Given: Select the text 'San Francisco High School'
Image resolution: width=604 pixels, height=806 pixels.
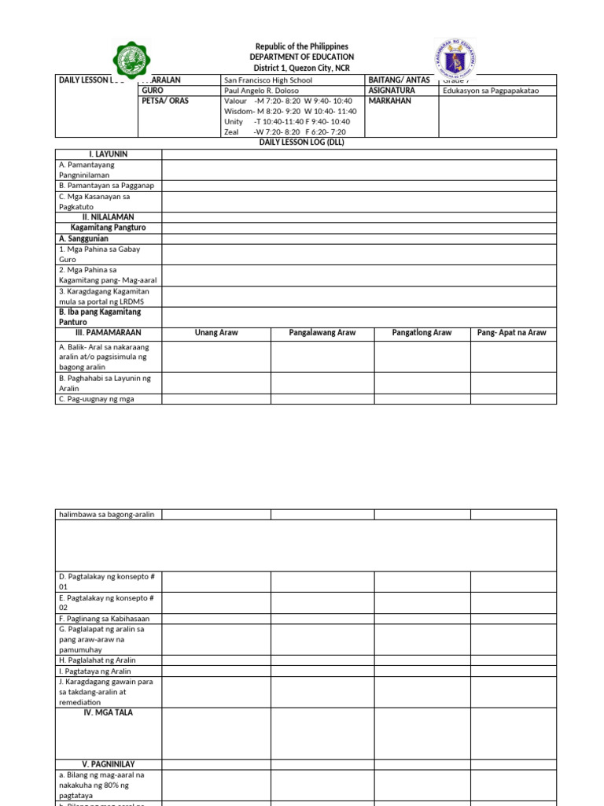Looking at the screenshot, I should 268,80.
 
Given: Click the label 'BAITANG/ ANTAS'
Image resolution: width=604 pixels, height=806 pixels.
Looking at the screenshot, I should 399,80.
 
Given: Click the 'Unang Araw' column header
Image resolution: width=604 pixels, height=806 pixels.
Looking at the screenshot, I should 216,333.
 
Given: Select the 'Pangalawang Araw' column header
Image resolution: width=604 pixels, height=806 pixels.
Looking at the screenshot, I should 322,333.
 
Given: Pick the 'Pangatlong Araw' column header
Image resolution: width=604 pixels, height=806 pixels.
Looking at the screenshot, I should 422,333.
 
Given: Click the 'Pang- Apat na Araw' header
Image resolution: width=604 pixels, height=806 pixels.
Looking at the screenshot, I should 513,333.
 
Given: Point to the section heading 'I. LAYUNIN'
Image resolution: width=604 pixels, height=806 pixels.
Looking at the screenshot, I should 109,154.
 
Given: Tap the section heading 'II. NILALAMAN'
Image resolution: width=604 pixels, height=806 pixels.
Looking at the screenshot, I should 109,216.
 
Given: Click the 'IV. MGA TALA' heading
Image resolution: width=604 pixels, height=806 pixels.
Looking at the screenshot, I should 109,712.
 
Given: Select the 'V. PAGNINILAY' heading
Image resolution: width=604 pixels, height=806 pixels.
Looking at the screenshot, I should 109,764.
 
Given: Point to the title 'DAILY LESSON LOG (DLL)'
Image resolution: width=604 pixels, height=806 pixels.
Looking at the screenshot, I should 302,142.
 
